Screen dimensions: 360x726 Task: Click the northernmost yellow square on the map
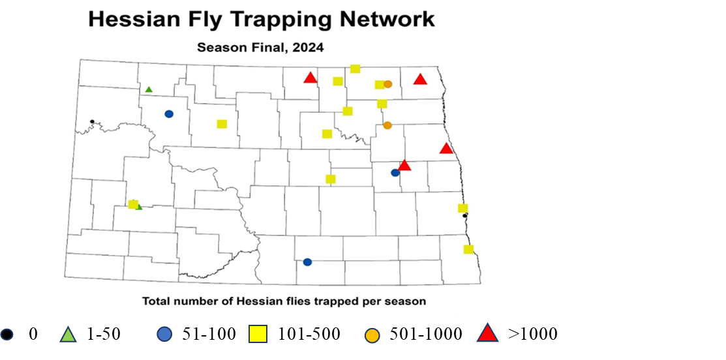click(x=355, y=68)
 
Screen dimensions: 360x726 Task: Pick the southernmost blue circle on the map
click(x=307, y=262)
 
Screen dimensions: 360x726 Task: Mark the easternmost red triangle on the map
click(x=446, y=149)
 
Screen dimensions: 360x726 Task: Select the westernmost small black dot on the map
click(x=92, y=121)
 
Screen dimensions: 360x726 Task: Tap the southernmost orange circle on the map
click(x=387, y=125)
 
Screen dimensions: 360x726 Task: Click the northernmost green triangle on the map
click(x=149, y=89)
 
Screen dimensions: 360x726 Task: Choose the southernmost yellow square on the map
click(x=468, y=249)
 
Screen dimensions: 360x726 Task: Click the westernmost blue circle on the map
click(x=169, y=113)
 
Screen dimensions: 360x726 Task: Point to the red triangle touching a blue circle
click(x=404, y=166)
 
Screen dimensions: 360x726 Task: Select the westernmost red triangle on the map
click(x=310, y=78)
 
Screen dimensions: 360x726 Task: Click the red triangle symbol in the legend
click(x=485, y=334)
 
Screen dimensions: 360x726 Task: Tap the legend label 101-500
click(x=309, y=334)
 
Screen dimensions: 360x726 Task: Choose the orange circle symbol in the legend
click(x=372, y=335)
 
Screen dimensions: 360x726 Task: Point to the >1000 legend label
click(x=533, y=334)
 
